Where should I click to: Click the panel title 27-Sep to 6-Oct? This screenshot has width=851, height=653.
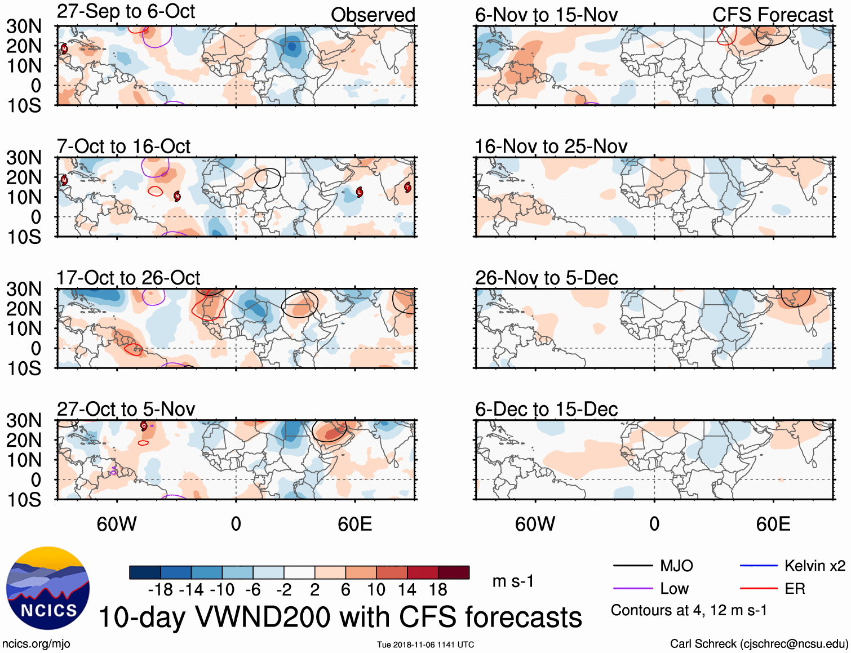click(x=126, y=12)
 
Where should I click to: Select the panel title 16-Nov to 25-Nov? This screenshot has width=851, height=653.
click(x=551, y=147)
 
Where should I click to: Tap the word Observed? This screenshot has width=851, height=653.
click(x=373, y=15)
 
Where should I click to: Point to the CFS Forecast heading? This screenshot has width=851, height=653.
click(x=772, y=15)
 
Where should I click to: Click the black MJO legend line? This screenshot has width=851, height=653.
click(x=632, y=566)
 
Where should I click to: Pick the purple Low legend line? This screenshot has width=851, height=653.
click(x=632, y=589)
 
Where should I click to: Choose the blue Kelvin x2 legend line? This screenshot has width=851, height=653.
click(x=759, y=566)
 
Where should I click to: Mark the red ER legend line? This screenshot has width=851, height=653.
click(x=759, y=589)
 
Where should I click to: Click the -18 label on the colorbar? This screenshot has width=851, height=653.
click(x=160, y=590)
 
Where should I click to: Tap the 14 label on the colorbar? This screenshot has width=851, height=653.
click(x=406, y=590)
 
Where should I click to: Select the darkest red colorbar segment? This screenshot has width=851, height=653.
click(x=454, y=572)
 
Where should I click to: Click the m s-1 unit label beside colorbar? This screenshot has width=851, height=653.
click(x=513, y=581)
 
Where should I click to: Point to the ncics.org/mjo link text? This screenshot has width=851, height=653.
click(x=37, y=644)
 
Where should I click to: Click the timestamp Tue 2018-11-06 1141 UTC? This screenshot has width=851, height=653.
click(x=425, y=645)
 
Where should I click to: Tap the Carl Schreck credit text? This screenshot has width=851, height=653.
click(x=759, y=644)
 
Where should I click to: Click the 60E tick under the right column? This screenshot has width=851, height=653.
click(x=773, y=525)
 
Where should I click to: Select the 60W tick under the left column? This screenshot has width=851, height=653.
click(x=117, y=525)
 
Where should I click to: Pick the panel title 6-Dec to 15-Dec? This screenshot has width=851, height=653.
click(x=546, y=410)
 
